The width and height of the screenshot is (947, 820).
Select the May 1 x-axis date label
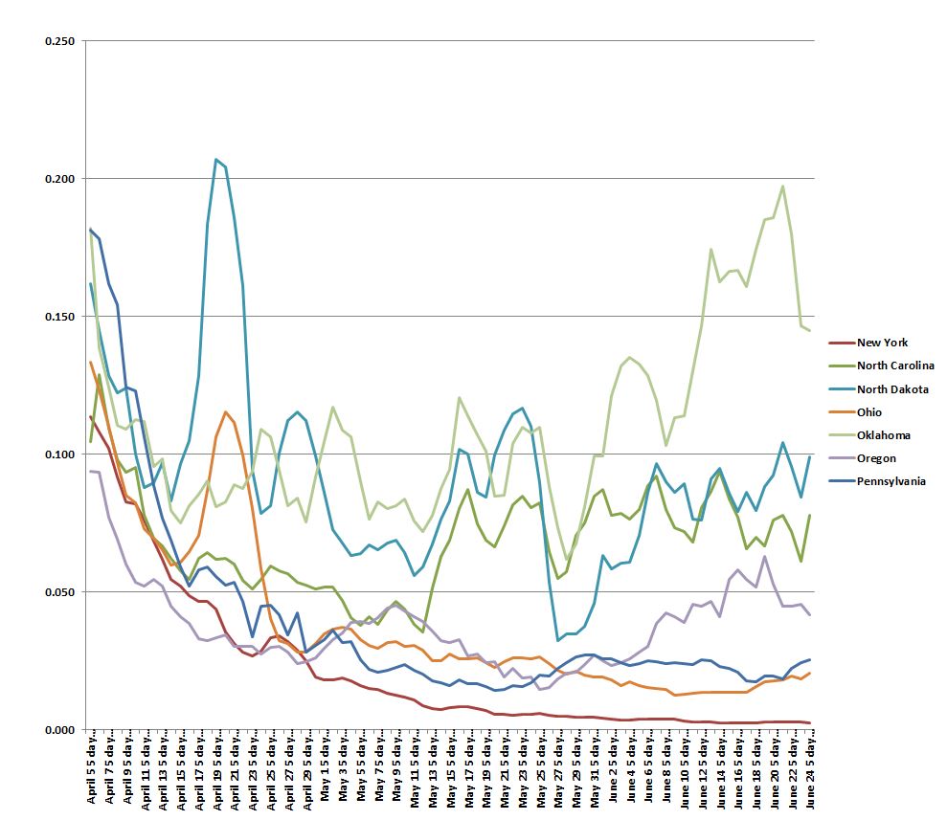click(x=326, y=771)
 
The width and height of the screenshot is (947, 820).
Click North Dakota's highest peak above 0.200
click(x=216, y=159)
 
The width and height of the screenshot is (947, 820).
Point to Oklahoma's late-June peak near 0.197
click(x=782, y=186)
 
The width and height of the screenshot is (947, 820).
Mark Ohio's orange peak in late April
click(x=225, y=411)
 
